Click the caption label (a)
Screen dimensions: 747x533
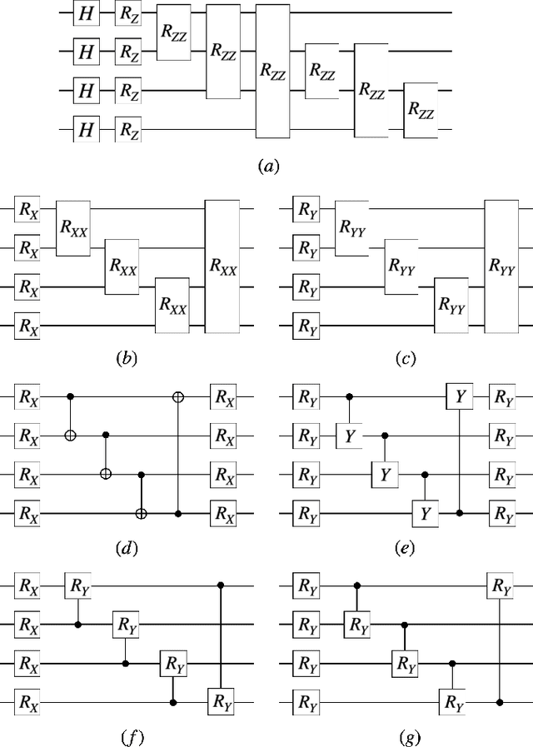pos(267,167)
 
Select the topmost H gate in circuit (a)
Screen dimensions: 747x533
pos(84,14)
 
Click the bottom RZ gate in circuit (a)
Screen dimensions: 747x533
pos(127,129)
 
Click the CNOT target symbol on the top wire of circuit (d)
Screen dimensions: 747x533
pos(177,397)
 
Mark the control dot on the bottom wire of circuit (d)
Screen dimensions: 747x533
pos(177,514)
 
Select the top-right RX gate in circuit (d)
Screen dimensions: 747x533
pos(225,397)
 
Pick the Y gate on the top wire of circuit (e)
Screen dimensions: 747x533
pos(459,397)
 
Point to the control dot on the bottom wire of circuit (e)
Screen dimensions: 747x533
pos(459,514)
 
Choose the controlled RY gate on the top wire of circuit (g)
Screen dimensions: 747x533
pos(501,586)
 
